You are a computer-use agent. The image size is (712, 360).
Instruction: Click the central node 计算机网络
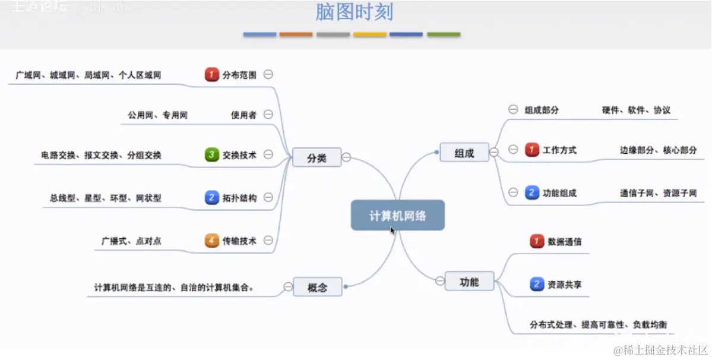point(397,215)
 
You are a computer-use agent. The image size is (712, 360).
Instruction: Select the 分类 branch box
point(317,157)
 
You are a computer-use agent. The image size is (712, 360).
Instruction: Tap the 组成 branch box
point(464,153)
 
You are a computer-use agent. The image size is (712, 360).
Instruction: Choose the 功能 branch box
point(469,282)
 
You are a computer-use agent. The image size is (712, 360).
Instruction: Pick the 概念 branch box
point(317,288)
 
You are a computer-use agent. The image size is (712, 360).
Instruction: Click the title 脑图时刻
point(354,12)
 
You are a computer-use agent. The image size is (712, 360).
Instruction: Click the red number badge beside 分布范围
point(212,75)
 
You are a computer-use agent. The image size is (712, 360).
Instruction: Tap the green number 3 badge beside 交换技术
point(212,155)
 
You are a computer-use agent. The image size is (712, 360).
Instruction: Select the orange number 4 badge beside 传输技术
point(212,241)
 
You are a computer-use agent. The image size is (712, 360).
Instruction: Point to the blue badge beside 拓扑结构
point(212,198)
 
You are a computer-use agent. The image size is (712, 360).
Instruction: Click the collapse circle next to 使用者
point(268,115)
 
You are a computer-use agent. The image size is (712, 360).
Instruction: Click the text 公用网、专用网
point(157,115)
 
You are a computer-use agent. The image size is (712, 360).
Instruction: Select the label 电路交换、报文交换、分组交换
point(102,156)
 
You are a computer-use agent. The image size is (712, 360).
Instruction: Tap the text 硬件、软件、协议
point(636,110)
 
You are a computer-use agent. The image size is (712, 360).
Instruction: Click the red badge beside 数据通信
point(537,242)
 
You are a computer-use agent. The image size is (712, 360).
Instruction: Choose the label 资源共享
point(565,285)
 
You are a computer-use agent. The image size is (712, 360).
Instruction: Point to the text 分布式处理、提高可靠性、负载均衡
point(598,325)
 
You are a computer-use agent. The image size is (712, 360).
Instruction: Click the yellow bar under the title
point(369,34)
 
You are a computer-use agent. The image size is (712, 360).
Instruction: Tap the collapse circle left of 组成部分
point(513,109)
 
